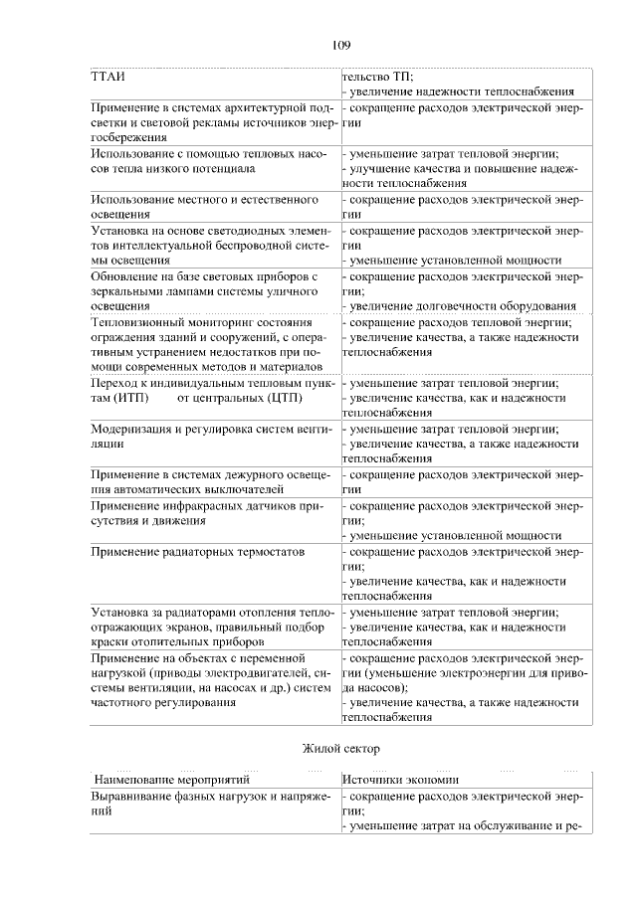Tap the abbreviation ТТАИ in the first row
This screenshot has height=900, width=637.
pos(107,77)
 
